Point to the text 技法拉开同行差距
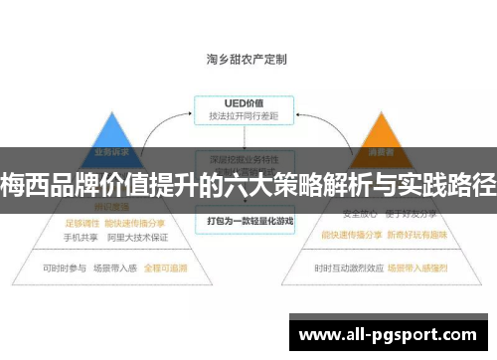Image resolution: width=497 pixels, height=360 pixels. click(x=243, y=117)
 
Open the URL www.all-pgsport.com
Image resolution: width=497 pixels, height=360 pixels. click(x=392, y=333)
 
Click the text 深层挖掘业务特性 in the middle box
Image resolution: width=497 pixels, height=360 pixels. click(x=243, y=159)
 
